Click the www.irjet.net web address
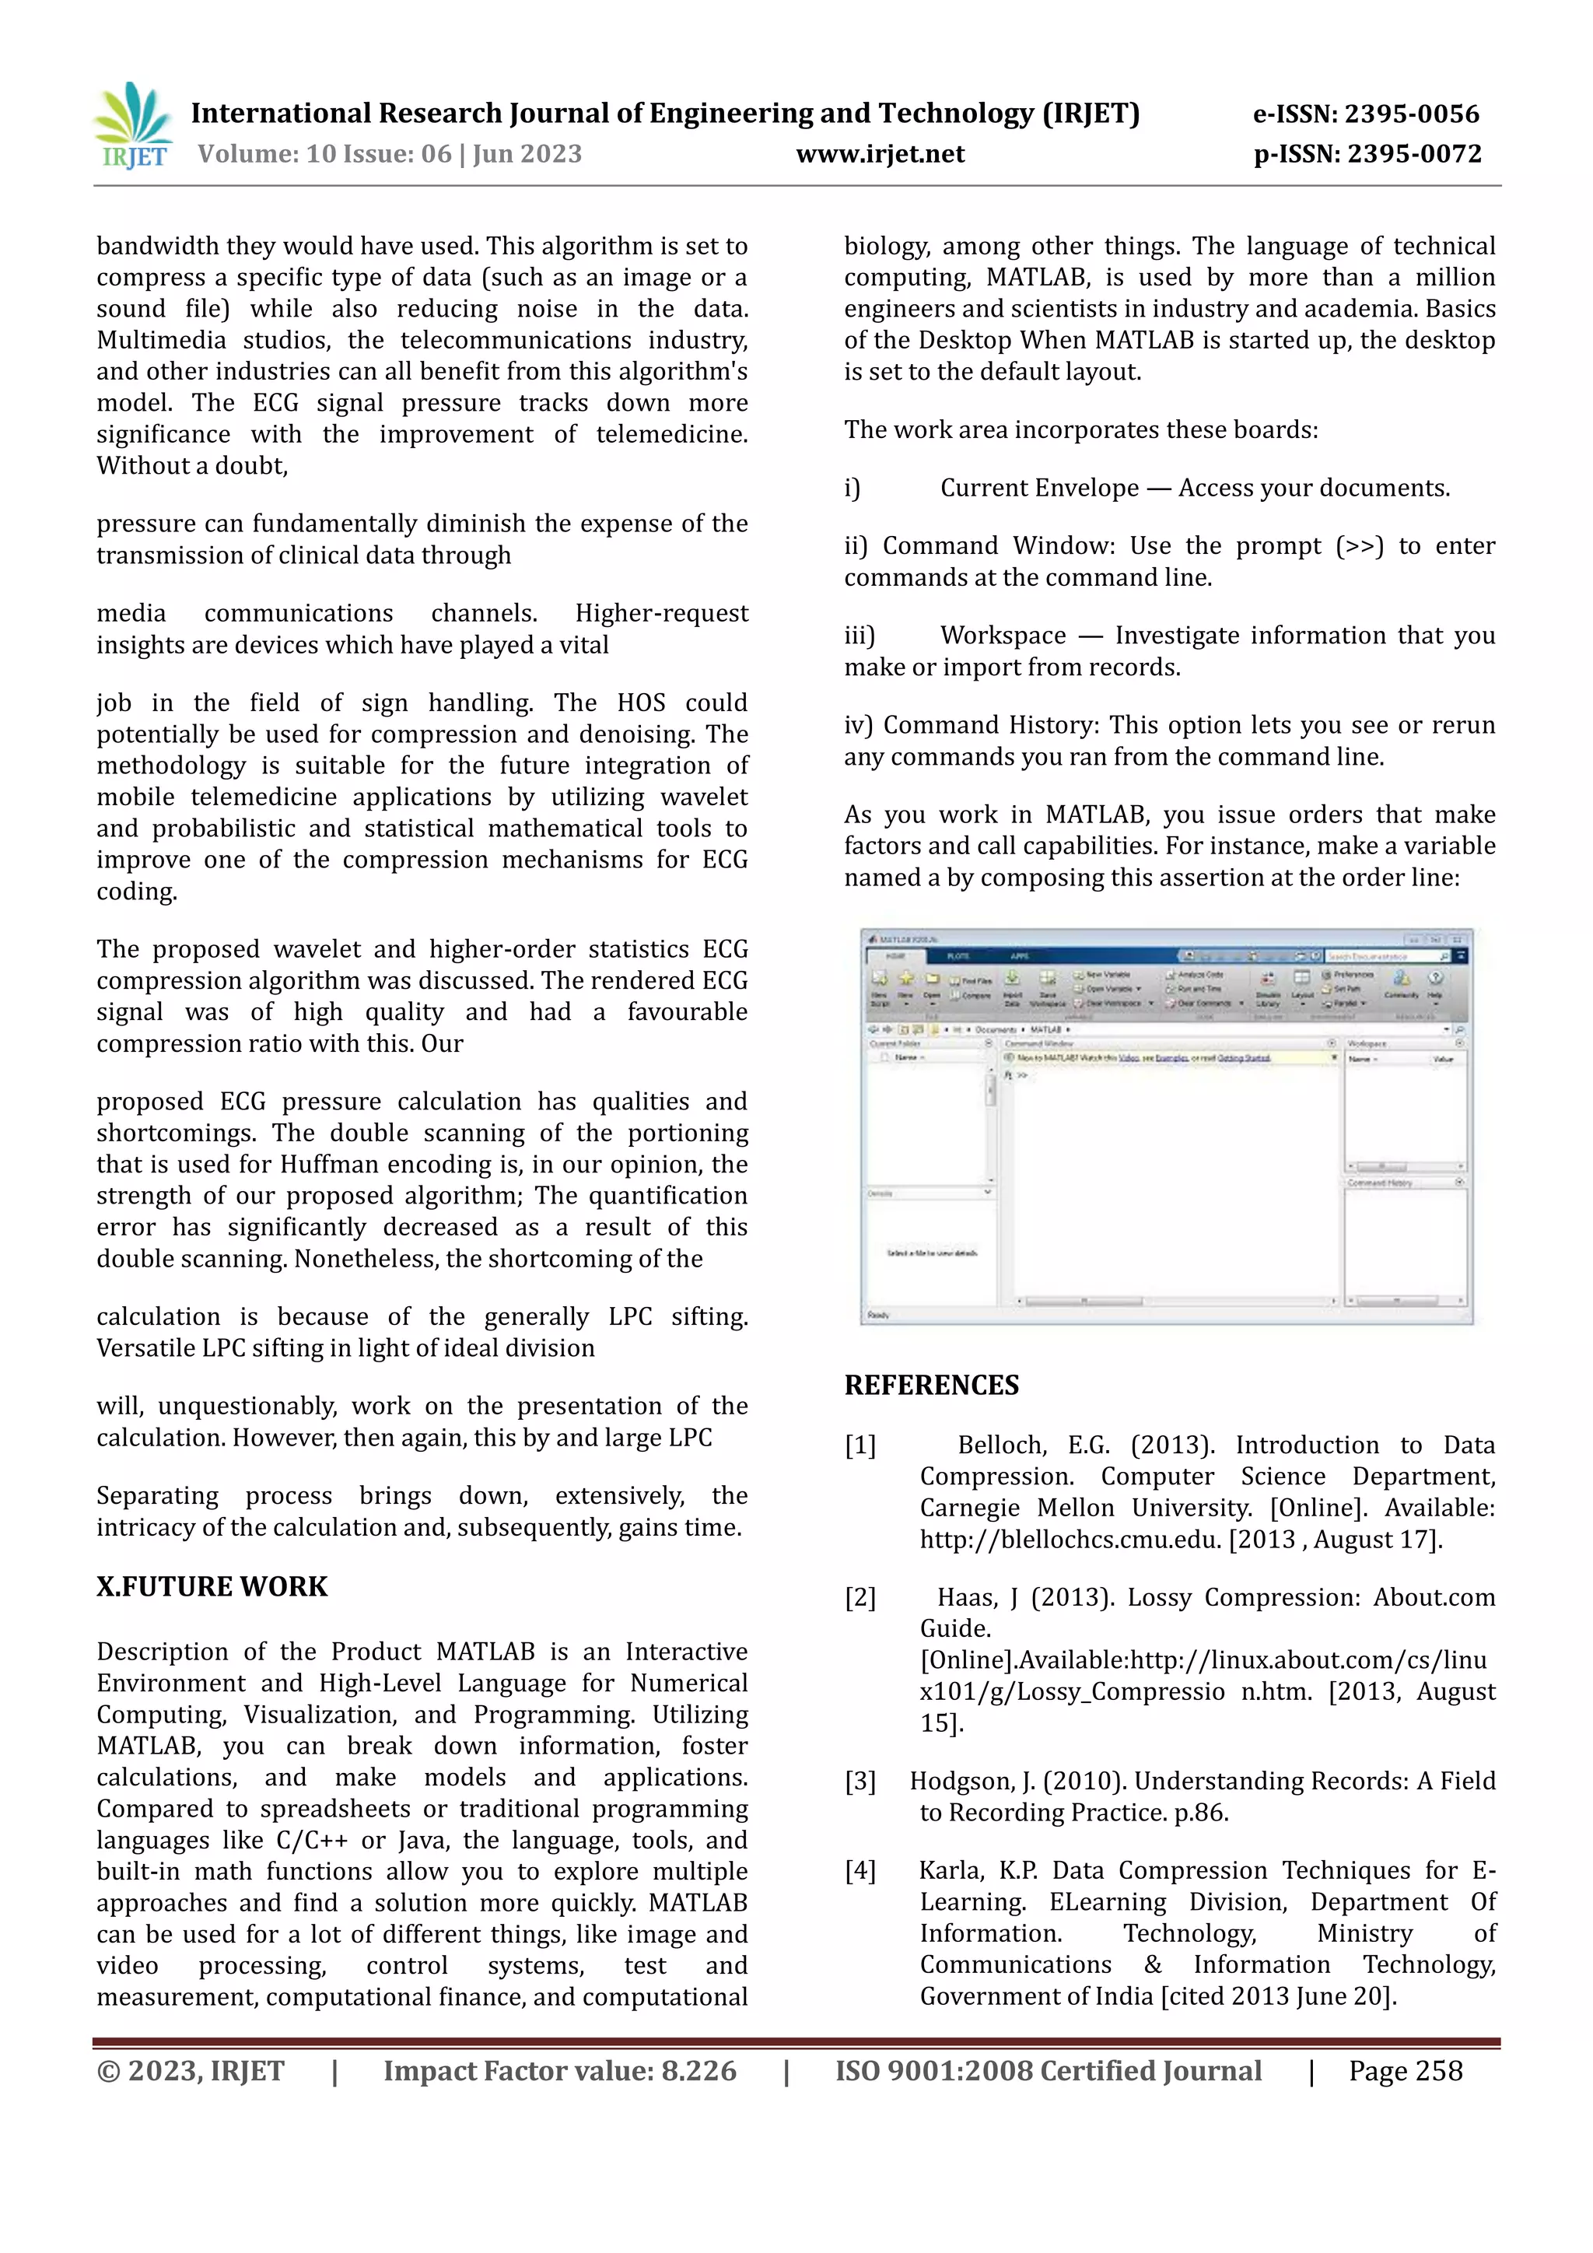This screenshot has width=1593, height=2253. (x=880, y=154)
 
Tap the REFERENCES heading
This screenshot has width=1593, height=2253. (x=931, y=1385)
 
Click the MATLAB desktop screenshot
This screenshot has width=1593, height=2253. (x=1166, y=1126)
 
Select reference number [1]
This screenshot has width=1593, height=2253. (x=860, y=1445)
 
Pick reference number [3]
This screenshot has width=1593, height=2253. (x=860, y=1781)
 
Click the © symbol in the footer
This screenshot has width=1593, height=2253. (x=108, y=2072)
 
